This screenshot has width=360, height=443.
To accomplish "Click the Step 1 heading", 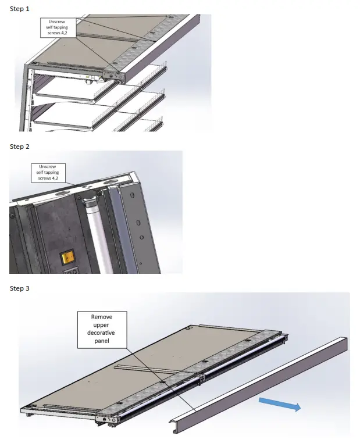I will point(20,9).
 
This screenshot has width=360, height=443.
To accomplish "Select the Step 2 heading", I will point(20,147).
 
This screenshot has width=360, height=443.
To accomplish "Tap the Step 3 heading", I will point(20,288).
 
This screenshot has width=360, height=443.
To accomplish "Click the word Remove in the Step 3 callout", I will point(102,317).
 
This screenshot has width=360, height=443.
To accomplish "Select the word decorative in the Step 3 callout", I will point(102,333).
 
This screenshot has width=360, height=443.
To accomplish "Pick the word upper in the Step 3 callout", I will point(102,325).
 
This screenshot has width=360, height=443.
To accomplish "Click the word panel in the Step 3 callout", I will point(102,341).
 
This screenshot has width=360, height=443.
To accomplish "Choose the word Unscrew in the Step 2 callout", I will point(49,166).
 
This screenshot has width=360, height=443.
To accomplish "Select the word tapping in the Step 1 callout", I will point(62,27).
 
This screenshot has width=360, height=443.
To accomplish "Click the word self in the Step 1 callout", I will point(49,27).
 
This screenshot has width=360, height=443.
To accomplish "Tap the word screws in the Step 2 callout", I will point(44,178).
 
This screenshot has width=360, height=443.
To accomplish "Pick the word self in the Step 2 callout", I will point(40,172).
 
